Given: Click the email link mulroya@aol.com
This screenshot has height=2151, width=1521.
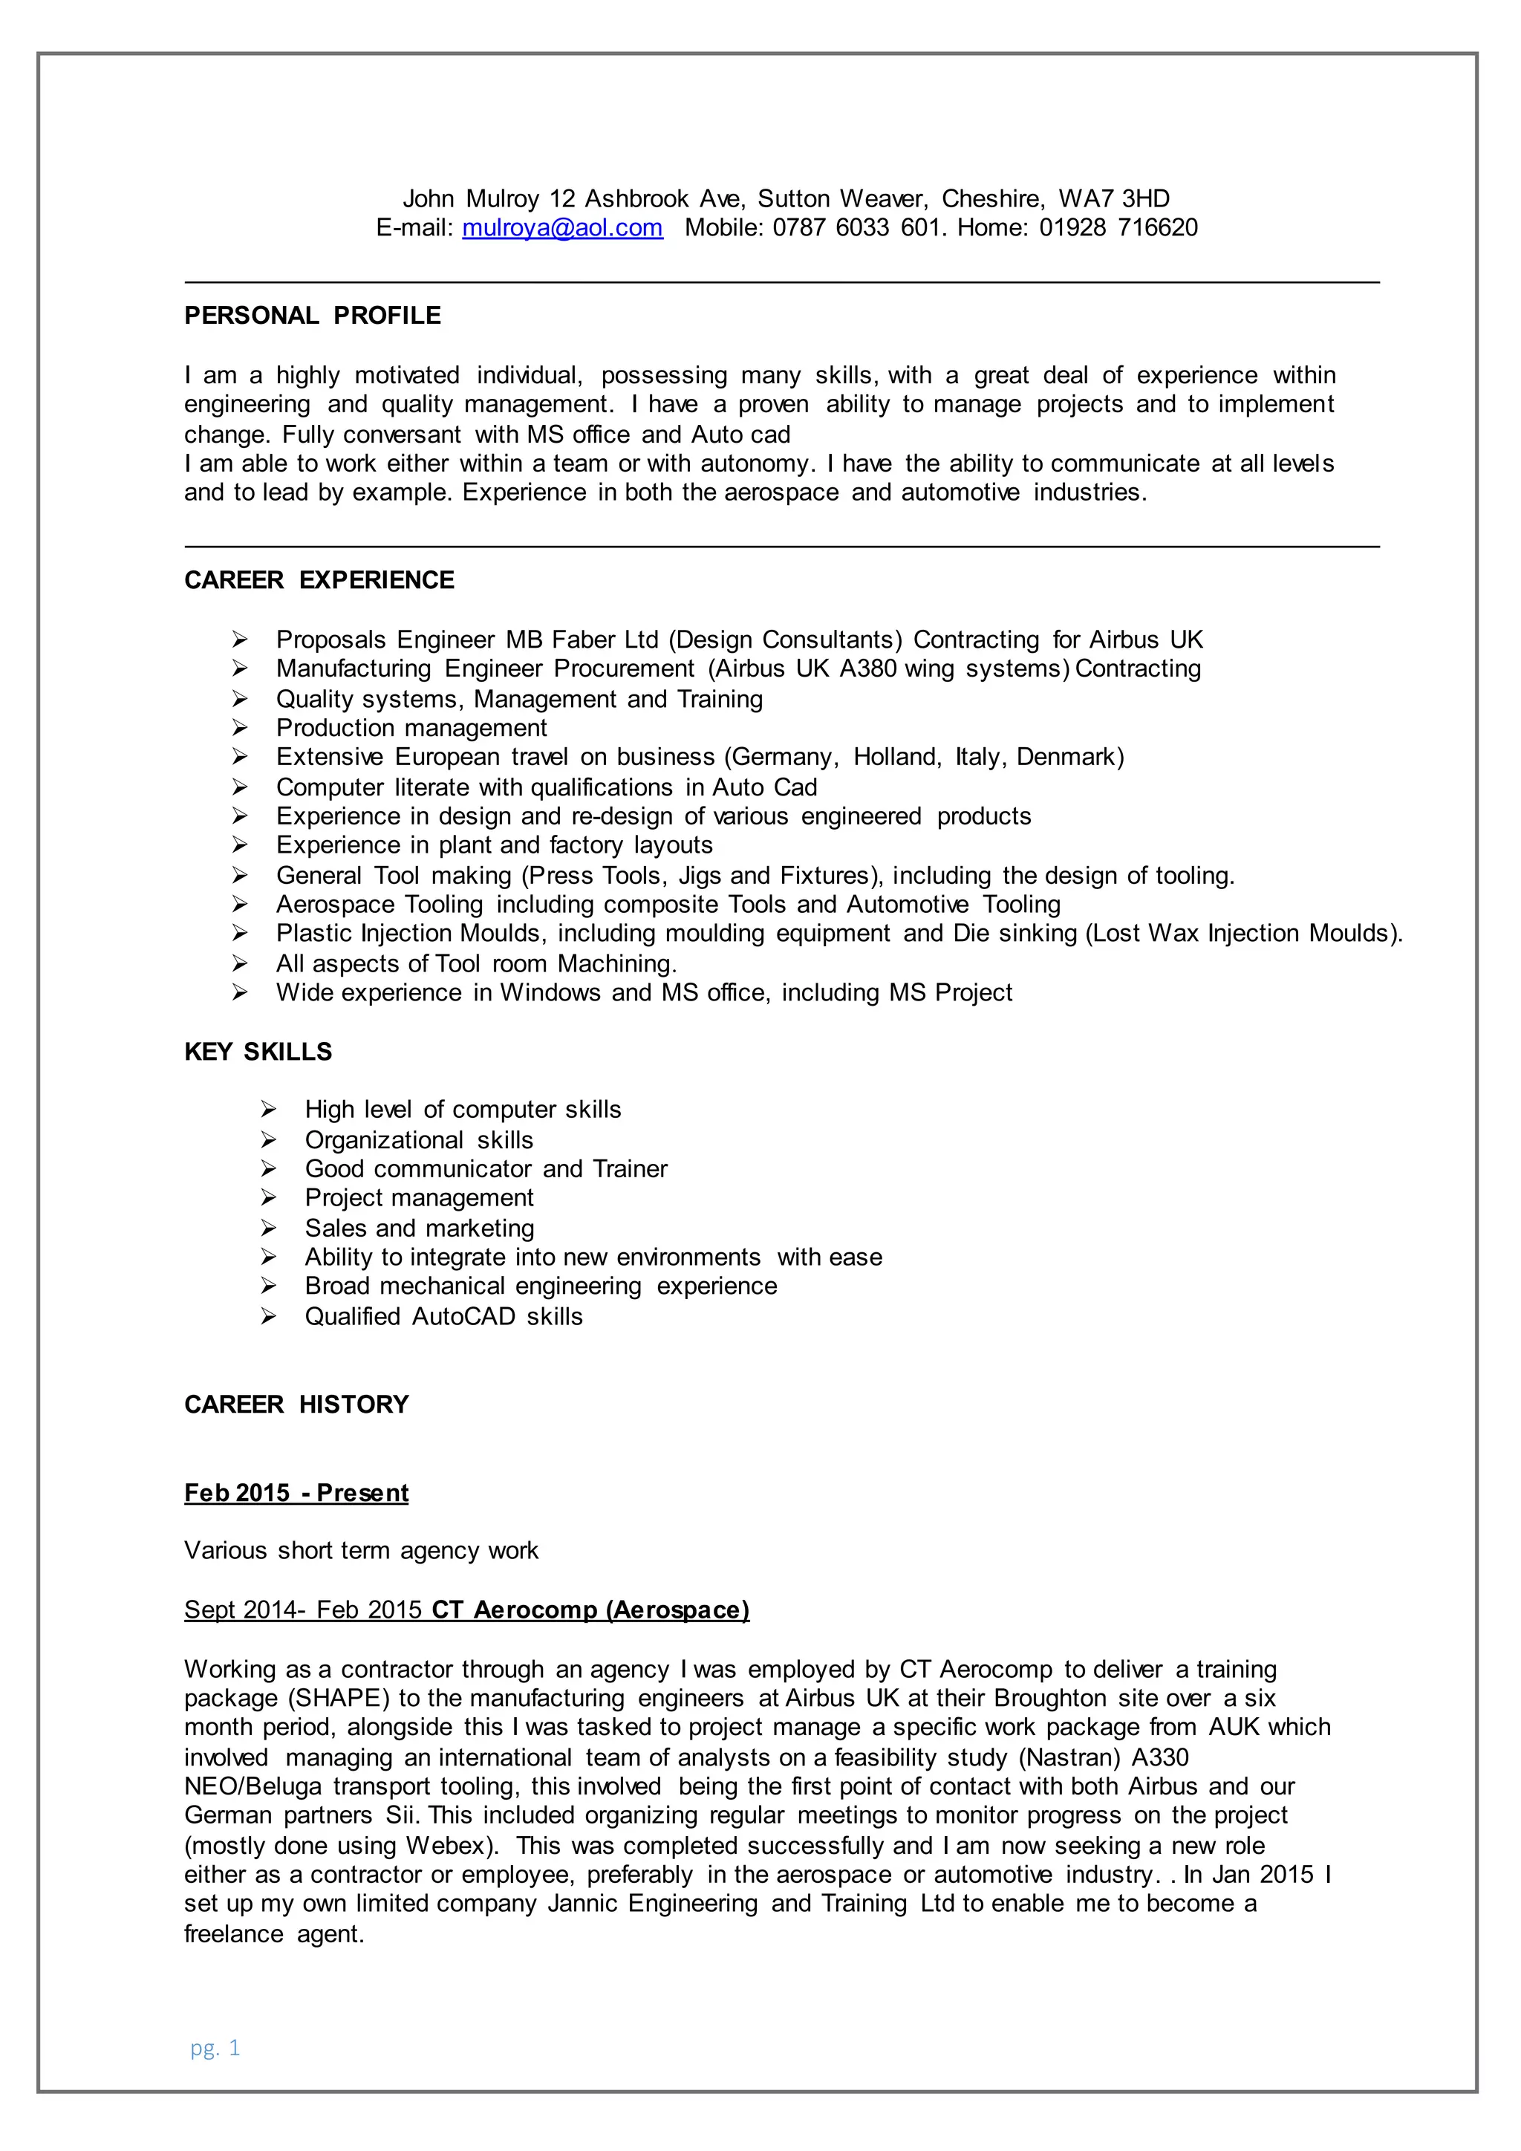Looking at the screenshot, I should click(x=562, y=228).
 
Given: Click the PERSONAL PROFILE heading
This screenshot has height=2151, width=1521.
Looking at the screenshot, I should click(x=312, y=316).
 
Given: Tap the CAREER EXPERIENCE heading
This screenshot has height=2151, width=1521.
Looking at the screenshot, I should click(x=319, y=580).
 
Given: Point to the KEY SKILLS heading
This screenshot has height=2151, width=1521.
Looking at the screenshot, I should click(x=258, y=1051).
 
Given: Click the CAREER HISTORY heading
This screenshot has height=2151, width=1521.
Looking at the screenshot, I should click(x=296, y=1405).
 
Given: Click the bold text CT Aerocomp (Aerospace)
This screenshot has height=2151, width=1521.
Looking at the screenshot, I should click(x=590, y=1610).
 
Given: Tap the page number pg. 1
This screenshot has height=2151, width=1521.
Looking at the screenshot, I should click(x=215, y=2047).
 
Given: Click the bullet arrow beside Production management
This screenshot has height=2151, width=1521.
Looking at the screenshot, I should click(x=240, y=728).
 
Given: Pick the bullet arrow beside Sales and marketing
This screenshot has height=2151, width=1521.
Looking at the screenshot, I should click(x=269, y=1229).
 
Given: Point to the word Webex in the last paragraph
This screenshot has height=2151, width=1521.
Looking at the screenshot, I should click(x=445, y=1846).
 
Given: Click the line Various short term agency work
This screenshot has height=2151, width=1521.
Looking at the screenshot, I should click(x=362, y=1550).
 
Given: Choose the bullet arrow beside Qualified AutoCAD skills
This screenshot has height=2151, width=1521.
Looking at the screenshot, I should click(x=269, y=1316).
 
